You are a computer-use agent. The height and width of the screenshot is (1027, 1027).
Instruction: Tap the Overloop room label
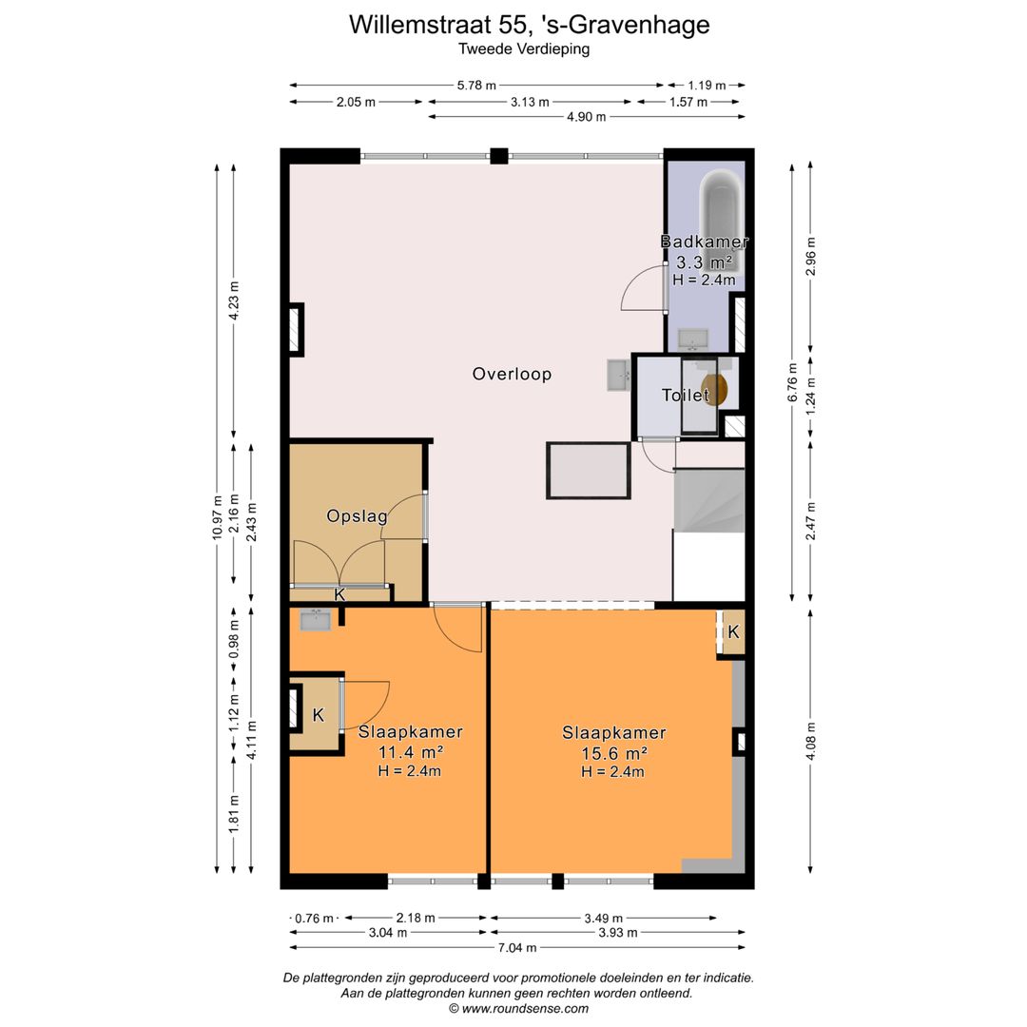click(512, 374)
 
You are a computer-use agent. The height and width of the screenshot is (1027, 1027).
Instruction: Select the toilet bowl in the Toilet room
click(720, 389)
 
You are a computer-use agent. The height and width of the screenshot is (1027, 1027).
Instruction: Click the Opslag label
click(357, 516)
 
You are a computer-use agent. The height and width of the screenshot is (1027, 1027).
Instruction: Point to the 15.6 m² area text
click(613, 752)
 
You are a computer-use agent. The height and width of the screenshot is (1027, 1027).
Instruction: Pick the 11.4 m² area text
click(410, 751)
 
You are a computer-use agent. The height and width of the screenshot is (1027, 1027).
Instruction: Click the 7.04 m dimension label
click(516, 947)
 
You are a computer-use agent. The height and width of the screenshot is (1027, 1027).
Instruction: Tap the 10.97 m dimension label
click(218, 518)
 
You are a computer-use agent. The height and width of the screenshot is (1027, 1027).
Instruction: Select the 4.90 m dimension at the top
click(586, 117)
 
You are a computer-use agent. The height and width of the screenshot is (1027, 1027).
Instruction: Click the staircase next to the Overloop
click(708, 500)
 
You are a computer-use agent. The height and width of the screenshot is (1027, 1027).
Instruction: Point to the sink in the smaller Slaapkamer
click(315, 620)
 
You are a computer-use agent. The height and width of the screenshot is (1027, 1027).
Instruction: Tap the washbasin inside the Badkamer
click(692, 339)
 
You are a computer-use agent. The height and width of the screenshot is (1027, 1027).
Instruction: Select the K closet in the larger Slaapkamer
click(733, 631)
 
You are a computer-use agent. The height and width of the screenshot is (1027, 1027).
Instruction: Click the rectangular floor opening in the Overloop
click(589, 470)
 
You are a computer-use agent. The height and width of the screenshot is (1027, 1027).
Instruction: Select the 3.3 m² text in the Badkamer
click(704, 262)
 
